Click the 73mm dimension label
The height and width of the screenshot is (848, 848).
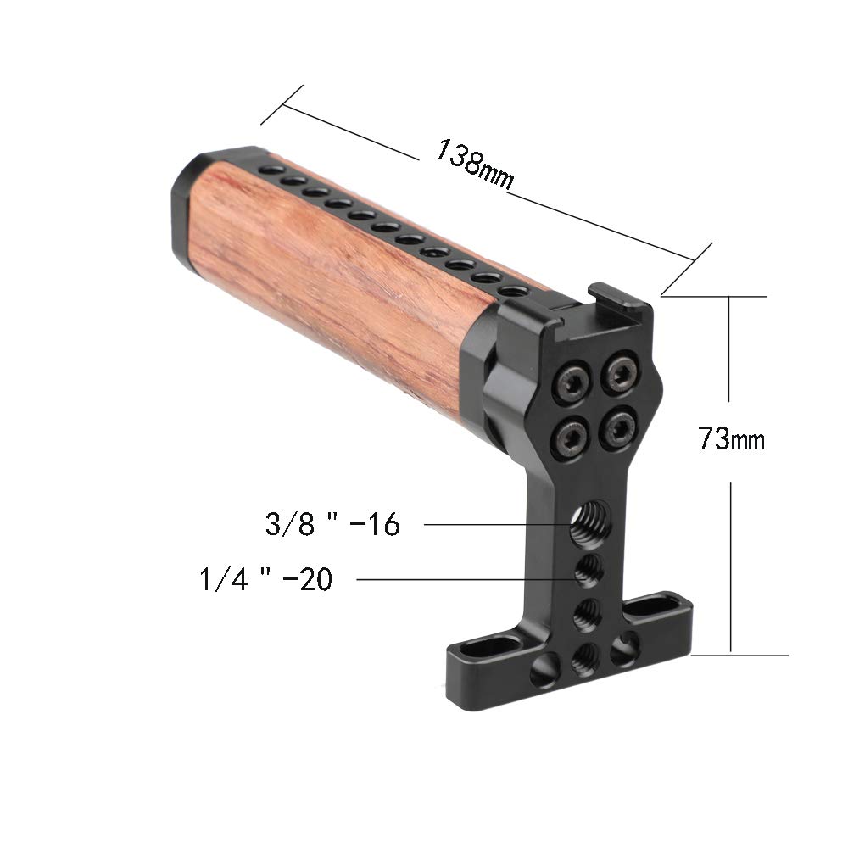[x=731, y=440]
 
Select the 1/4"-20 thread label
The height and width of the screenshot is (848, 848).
[x=265, y=580]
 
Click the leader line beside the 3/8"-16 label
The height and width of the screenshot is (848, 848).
[x=492, y=526]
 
